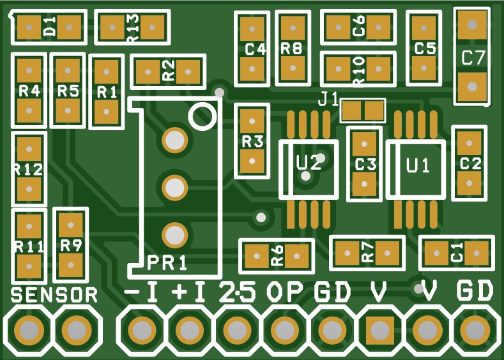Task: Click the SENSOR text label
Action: [54, 295]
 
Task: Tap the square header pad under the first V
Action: [380, 330]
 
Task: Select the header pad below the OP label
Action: [284, 330]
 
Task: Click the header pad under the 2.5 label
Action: [237, 330]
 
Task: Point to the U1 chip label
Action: [418, 166]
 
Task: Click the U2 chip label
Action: [309, 163]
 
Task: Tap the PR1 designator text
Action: [167, 263]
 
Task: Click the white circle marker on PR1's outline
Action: [202, 116]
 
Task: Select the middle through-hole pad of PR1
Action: [174, 188]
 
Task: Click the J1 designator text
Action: [328, 99]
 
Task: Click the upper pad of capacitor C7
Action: [472, 25]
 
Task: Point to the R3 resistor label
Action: [252, 141]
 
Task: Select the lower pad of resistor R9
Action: [71, 266]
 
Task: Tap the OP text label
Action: [284, 291]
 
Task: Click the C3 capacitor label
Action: [365, 165]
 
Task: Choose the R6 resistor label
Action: [277, 255]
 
